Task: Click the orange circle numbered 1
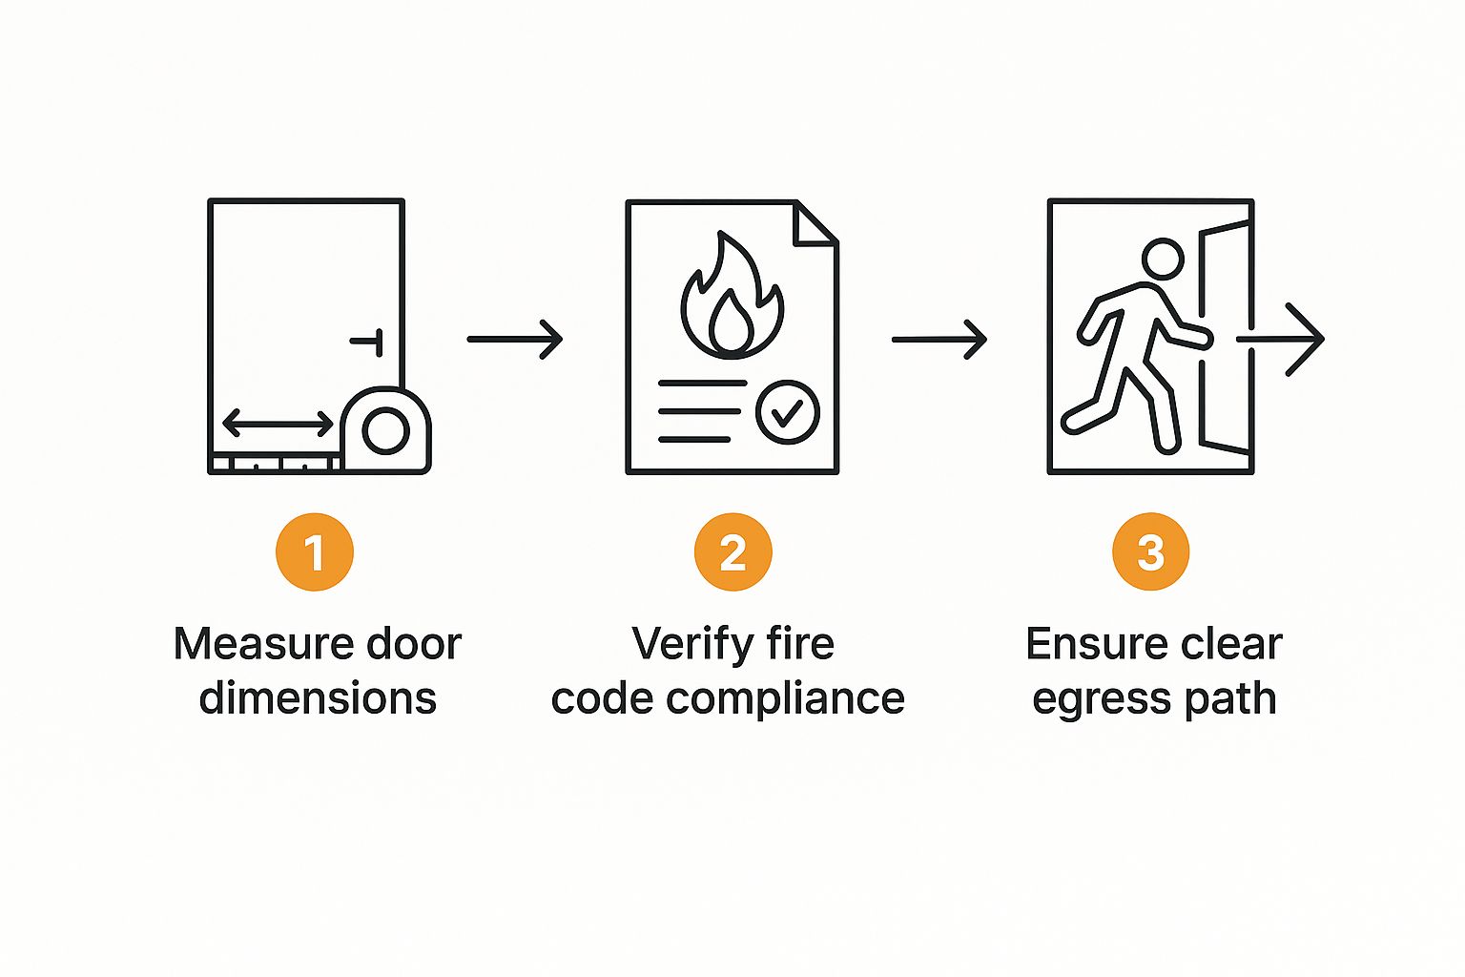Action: click(314, 552)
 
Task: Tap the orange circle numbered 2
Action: click(732, 552)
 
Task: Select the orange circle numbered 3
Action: click(1150, 552)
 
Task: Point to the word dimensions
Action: click(318, 698)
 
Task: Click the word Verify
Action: click(684, 644)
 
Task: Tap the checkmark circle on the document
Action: click(787, 412)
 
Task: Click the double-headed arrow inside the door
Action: click(279, 423)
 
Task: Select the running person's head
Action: click(1163, 259)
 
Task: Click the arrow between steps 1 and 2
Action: click(515, 339)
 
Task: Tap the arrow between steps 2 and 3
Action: click(939, 339)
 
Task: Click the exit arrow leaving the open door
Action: click(1283, 339)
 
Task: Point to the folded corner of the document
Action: click(815, 225)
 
